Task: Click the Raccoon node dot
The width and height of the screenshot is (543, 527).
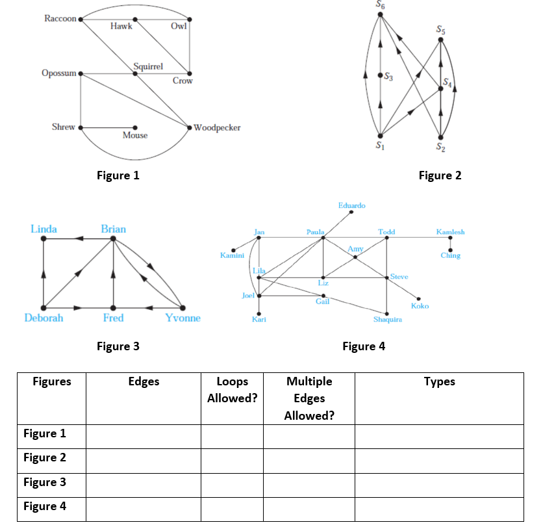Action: pyautogui.click(x=81, y=19)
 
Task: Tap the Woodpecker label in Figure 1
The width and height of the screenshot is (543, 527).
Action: pyautogui.click(x=217, y=127)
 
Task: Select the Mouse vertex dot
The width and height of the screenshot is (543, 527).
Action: pyautogui.click(x=135, y=127)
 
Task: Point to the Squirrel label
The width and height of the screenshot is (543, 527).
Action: pyautogui.click(x=148, y=66)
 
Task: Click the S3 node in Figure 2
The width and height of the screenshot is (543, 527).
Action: pyautogui.click(x=380, y=75)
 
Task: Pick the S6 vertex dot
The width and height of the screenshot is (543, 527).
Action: pyautogui.click(x=380, y=14)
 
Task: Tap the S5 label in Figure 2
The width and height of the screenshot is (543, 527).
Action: pyautogui.click(x=440, y=30)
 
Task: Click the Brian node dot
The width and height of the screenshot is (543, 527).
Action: pyautogui.click(x=113, y=238)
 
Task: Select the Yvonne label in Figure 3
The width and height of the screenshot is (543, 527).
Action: pyautogui.click(x=183, y=318)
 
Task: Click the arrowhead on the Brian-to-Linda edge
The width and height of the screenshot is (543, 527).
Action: pyautogui.click(x=79, y=238)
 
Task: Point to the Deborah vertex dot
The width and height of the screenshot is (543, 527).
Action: pyautogui.click(x=44, y=307)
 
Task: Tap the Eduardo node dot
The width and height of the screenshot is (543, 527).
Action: pyautogui.click(x=351, y=212)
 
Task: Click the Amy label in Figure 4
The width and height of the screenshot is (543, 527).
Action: pyautogui.click(x=355, y=249)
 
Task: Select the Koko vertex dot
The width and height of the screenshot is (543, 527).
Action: pyautogui.click(x=419, y=299)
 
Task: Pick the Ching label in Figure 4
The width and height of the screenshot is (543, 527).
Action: pyautogui.click(x=451, y=255)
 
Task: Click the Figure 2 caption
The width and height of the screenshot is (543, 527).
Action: pyautogui.click(x=440, y=175)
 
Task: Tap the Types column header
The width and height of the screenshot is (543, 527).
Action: pyautogui.click(x=440, y=381)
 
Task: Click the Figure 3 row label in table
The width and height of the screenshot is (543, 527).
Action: pyautogui.click(x=45, y=482)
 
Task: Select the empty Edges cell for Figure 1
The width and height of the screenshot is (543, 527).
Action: pyautogui.click(x=144, y=437)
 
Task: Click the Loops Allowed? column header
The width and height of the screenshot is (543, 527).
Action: pyautogui.click(x=233, y=390)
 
